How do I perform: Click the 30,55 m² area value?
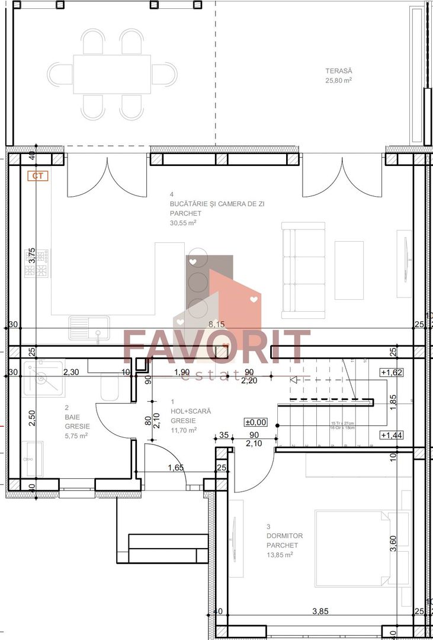point(183,223)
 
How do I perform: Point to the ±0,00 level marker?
point(256,423)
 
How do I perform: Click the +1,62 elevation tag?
point(391,373)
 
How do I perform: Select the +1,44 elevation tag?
point(391,435)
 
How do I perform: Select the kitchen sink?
point(89,327)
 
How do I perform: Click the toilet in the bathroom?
point(111,388)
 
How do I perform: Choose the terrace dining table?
point(112,74)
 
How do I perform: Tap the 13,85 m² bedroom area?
point(280,555)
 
